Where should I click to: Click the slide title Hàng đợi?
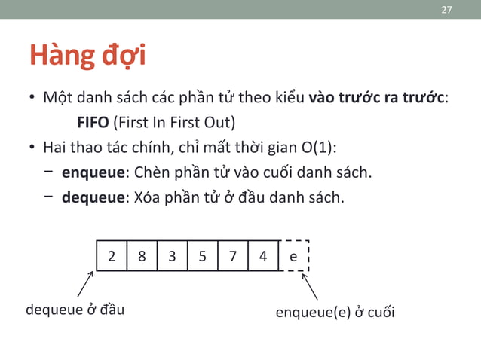87,56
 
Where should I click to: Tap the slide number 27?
446,10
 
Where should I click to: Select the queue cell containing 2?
112,256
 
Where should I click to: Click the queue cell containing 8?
142,256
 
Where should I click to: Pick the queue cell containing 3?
172,256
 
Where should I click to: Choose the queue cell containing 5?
202,256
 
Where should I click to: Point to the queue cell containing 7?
232,256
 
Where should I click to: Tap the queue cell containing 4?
262,256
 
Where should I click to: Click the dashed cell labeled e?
293,256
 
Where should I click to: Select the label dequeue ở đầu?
75,310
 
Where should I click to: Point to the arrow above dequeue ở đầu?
85,284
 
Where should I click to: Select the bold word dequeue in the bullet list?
92,198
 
